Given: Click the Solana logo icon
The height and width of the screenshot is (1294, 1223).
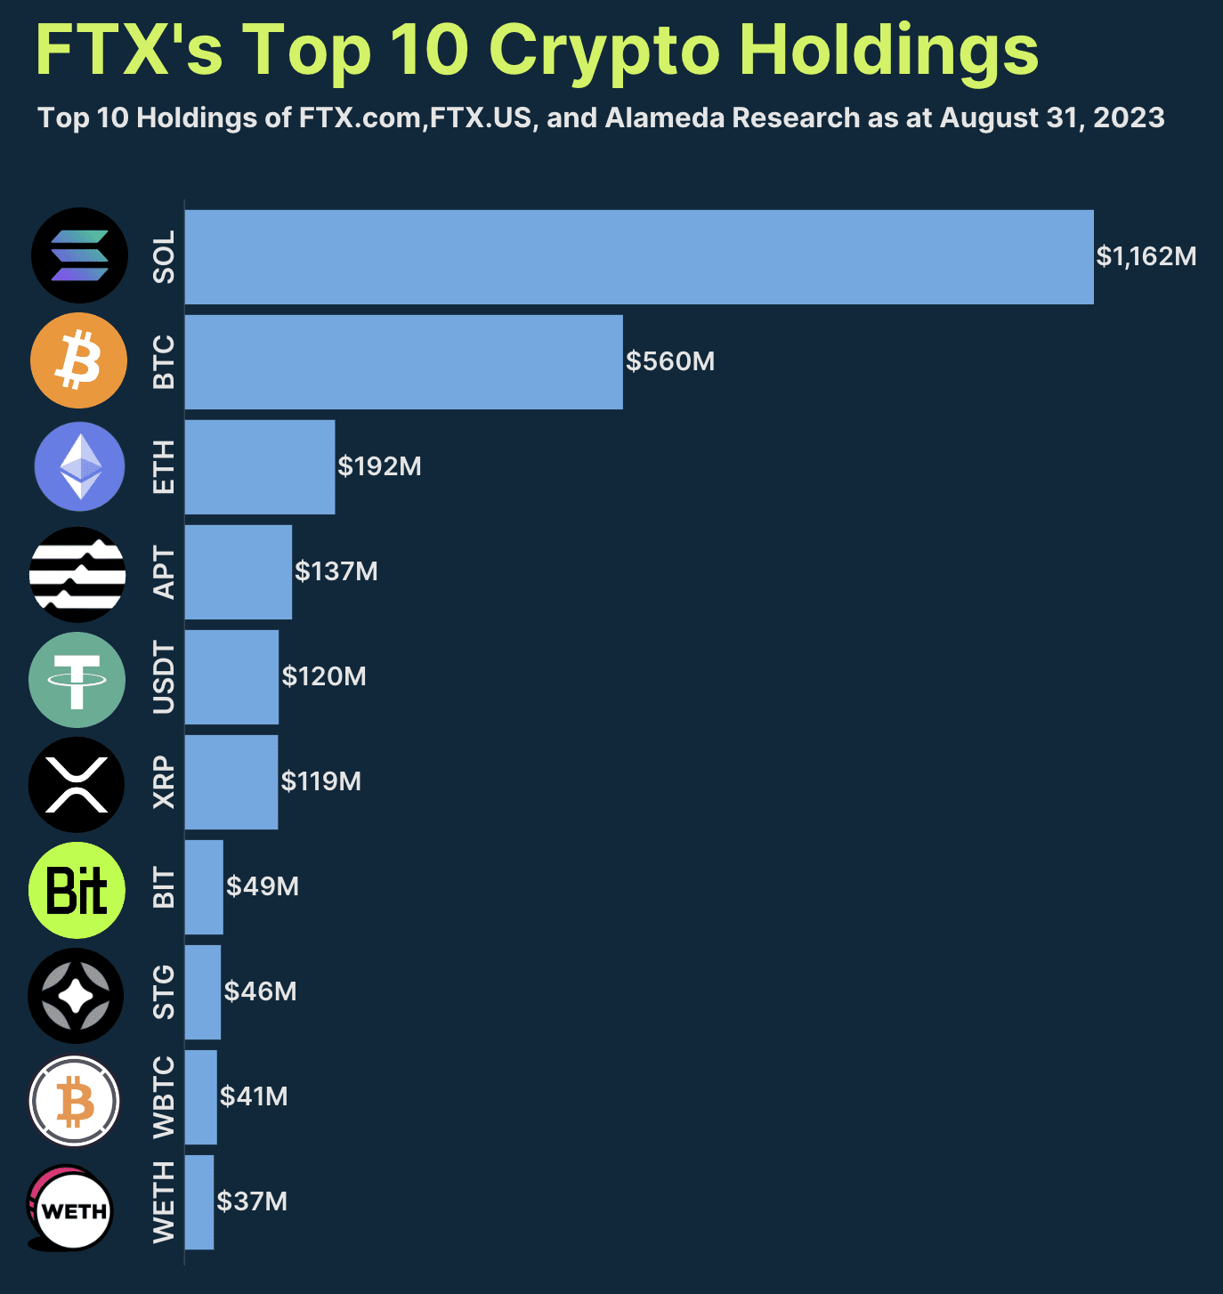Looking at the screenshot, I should pyautogui.click(x=79, y=255).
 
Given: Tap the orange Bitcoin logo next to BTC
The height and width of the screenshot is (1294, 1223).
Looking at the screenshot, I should pyautogui.click(x=78, y=360).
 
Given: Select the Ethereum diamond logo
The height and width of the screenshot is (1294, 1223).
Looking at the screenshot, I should pyautogui.click(x=79, y=466).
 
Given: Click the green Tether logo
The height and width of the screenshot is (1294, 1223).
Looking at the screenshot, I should pyautogui.click(x=77, y=680).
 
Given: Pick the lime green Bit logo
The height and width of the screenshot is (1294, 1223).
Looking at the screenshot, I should pyautogui.click(x=77, y=890).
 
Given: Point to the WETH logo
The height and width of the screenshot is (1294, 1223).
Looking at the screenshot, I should pyautogui.click(x=71, y=1209).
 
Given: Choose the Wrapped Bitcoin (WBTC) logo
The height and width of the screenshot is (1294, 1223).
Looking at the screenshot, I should pyautogui.click(x=75, y=1102).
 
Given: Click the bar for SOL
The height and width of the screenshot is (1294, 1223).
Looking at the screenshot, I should pyautogui.click(x=638, y=257).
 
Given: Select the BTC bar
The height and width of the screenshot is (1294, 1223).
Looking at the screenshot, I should pyautogui.click(x=403, y=362).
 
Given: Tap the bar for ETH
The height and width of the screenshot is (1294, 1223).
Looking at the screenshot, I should pyautogui.click(x=259, y=467).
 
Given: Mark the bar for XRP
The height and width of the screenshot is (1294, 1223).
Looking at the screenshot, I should pyautogui.click(x=231, y=782).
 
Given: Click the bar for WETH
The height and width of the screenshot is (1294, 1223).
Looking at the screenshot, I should pyautogui.click(x=198, y=1202).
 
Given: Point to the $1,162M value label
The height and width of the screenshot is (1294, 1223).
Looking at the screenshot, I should pyautogui.click(x=1146, y=256).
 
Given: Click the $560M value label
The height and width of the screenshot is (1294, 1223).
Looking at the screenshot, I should pyautogui.click(x=669, y=361).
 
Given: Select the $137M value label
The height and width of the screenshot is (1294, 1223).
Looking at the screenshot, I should pyautogui.click(x=336, y=571).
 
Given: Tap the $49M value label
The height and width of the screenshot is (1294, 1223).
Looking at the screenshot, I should pyautogui.click(x=262, y=886).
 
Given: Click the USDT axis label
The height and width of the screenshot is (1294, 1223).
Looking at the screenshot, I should pyautogui.click(x=164, y=677).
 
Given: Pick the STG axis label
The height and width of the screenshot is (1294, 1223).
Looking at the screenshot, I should pyautogui.click(x=164, y=992).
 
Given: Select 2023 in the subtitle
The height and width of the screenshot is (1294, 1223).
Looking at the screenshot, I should pyautogui.click(x=1128, y=118).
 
